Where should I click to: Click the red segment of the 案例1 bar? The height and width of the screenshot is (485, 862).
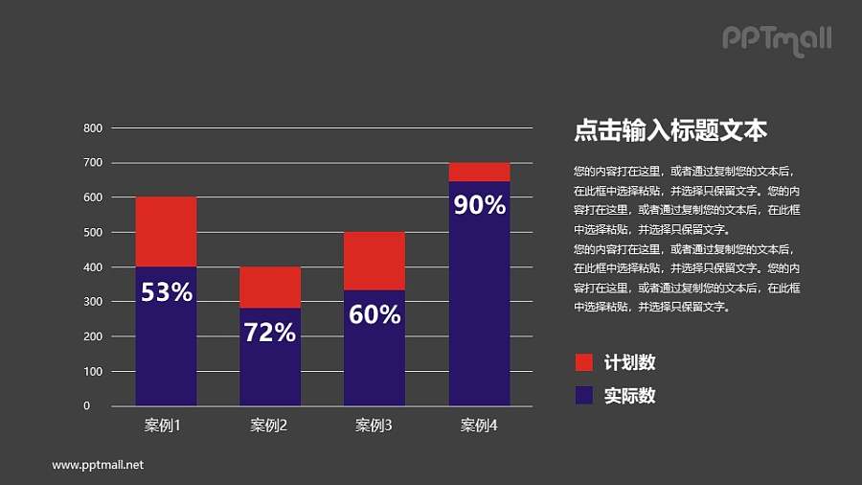pyautogui.click(x=166, y=231)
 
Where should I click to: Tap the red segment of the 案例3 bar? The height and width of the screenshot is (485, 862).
pyautogui.click(x=374, y=261)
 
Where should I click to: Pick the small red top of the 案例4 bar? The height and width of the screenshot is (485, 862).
pyautogui.click(x=479, y=173)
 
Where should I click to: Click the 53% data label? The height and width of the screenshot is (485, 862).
pyautogui.click(x=167, y=293)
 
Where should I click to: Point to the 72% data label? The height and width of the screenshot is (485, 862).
pyautogui.click(x=270, y=333)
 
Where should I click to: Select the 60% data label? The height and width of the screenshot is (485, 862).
pyautogui.click(x=374, y=313)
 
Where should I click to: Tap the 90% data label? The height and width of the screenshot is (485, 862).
pyautogui.click(x=479, y=204)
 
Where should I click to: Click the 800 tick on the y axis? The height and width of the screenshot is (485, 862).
pyautogui.click(x=93, y=127)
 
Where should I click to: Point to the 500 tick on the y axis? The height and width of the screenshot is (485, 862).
pyautogui.click(x=93, y=232)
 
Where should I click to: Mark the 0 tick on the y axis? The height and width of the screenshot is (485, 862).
pyautogui.click(x=87, y=406)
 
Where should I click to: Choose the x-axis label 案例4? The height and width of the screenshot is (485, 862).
pyautogui.click(x=479, y=426)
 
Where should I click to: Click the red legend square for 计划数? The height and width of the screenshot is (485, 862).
pyautogui.click(x=583, y=362)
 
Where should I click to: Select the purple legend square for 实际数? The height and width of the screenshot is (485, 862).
pyautogui.click(x=583, y=395)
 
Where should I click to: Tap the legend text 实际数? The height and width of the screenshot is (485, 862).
pyautogui.click(x=630, y=395)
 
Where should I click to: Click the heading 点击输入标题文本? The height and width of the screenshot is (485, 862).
pyautogui.click(x=669, y=130)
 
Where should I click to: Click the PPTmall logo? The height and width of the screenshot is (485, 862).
pyautogui.click(x=776, y=39)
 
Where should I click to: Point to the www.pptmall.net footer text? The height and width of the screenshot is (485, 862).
pyautogui.click(x=98, y=465)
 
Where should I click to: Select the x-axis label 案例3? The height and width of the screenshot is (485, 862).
pyautogui.click(x=374, y=426)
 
